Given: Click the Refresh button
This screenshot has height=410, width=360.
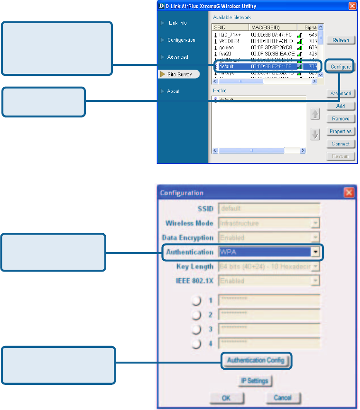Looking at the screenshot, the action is coord(341,40).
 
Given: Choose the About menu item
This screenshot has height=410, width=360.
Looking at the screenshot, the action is coord(173,91).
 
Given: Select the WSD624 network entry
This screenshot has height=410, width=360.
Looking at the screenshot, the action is coord(230,41).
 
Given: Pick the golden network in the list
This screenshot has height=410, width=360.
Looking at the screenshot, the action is coord(228,47).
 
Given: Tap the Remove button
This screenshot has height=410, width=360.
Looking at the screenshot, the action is coord(341,119).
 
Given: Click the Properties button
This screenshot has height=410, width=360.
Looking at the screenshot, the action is coord(341,131).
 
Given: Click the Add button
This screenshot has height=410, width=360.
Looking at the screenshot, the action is coord(341,107).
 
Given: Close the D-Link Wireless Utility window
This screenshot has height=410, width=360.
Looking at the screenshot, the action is coord(352,6).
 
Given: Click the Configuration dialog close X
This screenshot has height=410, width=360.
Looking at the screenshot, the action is coord(349,192).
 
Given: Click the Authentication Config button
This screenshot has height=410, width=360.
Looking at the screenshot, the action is coord(256,360).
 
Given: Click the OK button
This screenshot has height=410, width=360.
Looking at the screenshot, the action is coord(226,398).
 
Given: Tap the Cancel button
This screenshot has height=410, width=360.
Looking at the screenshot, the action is coord(282,398).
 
